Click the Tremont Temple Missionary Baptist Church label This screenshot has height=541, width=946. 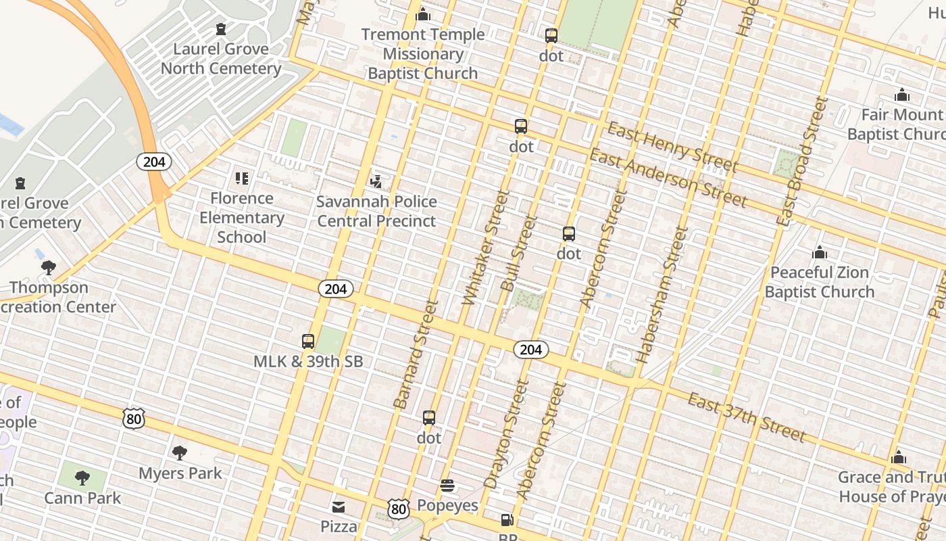pos(423,54)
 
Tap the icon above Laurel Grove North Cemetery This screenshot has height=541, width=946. pos(221,29)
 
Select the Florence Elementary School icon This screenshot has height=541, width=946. pos(242,179)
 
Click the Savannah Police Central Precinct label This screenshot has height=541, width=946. pos(377,212)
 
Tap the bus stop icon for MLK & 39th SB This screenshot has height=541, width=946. pos(308,342)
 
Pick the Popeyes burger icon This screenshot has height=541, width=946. pos(447,486)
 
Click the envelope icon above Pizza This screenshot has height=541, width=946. pos(339,507)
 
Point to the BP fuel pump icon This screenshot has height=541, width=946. pos(507,520)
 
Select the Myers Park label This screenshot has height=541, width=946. pos(180,473)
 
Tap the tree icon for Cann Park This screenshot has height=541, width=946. pos(82,478)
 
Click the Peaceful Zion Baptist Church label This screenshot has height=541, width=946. pos(820,282)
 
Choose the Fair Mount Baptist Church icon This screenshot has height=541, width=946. pos(901,95)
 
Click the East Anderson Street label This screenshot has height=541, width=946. pos(668,179)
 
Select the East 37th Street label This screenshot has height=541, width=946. pos(747,417)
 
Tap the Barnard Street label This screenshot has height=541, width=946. pos(416,354)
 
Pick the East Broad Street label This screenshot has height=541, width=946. pos(802,161)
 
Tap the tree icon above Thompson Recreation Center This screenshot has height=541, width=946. pos(48,268)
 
